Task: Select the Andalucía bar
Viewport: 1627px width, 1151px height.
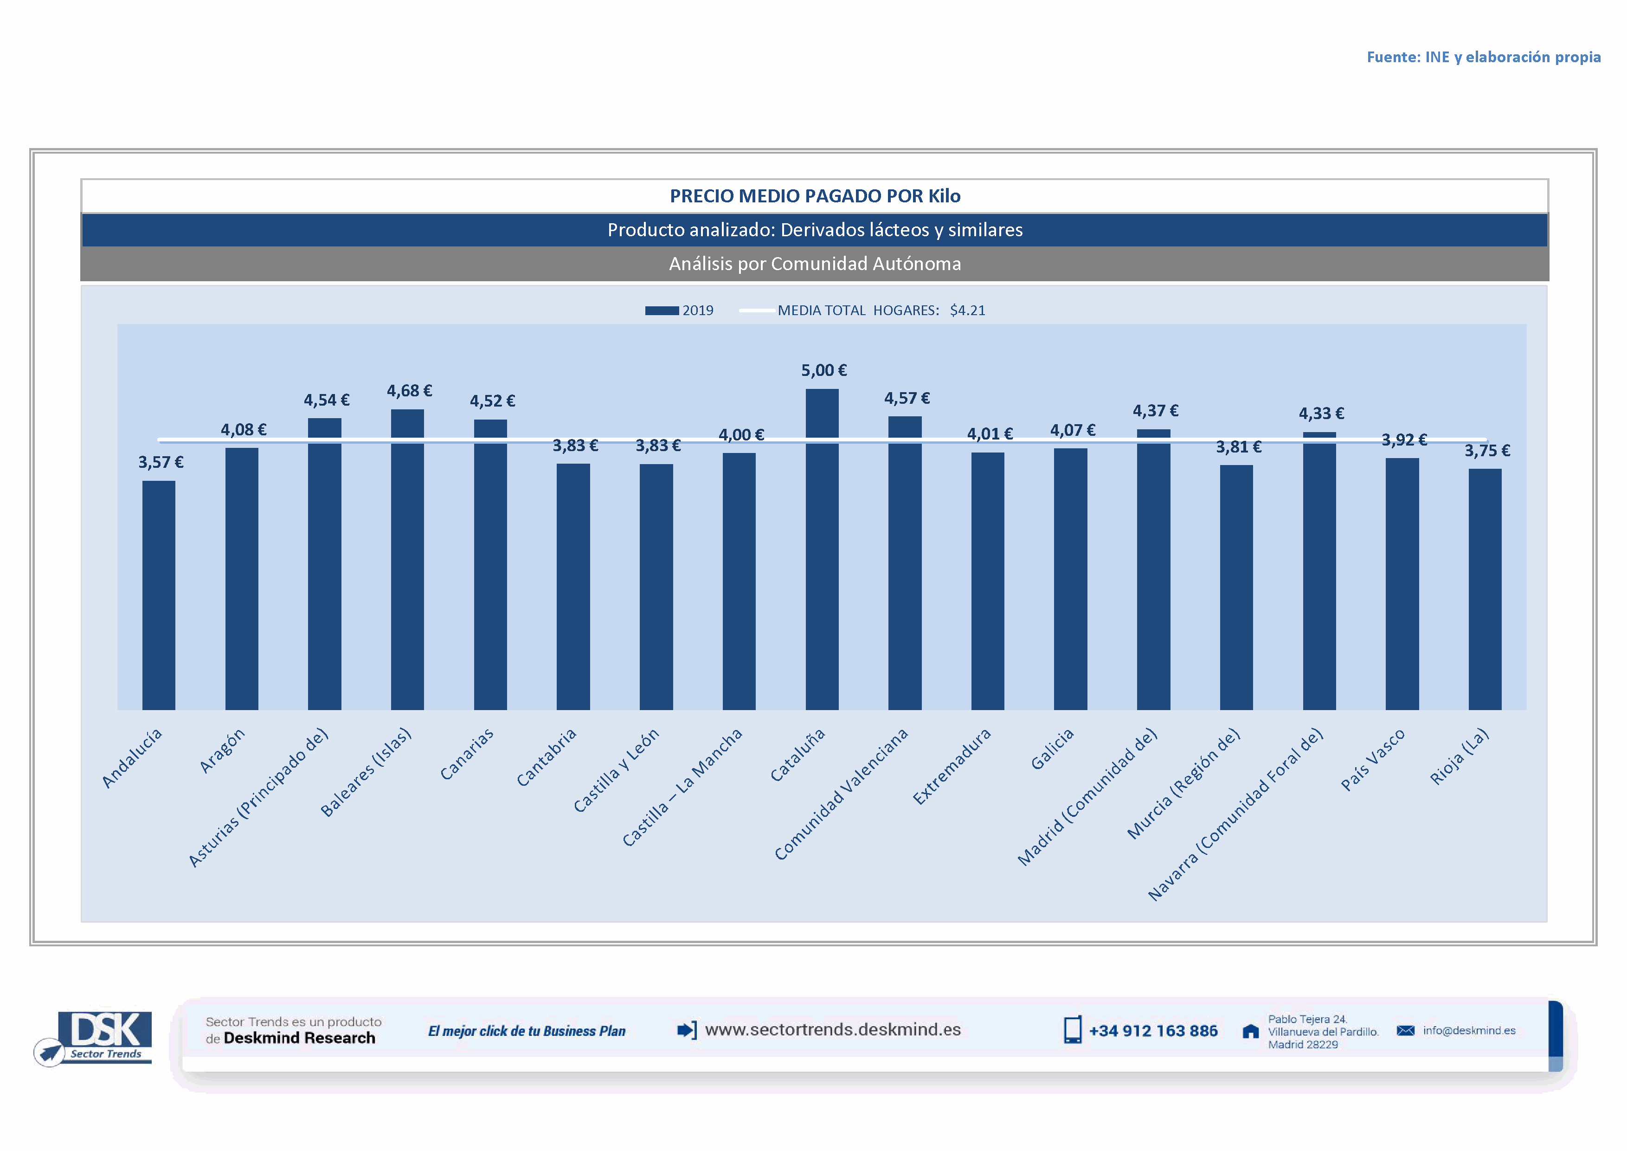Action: [x=159, y=595]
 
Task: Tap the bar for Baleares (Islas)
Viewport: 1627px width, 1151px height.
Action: [x=407, y=560]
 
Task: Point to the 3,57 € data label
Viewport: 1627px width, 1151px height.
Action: [x=161, y=463]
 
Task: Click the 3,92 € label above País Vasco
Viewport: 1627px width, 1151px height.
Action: [x=1404, y=440]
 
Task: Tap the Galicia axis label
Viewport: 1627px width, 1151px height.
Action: [x=1052, y=749]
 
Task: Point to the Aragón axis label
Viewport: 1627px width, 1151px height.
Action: [x=223, y=750]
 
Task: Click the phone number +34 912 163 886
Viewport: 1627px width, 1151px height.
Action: [x=1153, y=1031]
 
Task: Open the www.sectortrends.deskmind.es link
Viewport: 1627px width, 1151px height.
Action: [x=833, y=1030]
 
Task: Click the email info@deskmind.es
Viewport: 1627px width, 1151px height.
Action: [x=1469, y=1030]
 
